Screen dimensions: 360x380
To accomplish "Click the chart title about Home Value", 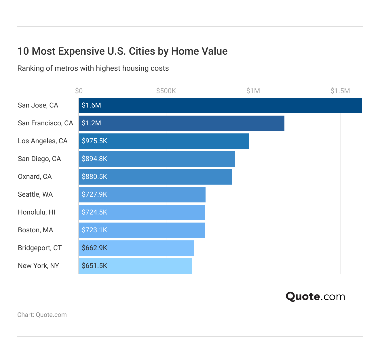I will point(122,51).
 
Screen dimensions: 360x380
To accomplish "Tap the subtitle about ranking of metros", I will point(93,68).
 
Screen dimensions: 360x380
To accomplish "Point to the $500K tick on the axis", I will point(166,91).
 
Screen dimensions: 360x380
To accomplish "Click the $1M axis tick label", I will point(253,91).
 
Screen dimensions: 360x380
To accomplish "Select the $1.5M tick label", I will point(340,91).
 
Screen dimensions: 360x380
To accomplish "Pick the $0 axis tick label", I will point(79,91).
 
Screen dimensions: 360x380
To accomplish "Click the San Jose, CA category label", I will point(38,105).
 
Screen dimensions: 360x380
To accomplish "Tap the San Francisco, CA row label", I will point(45,123).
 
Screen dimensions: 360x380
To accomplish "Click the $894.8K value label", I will point(94,159).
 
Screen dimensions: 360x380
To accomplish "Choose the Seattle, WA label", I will point(35,194).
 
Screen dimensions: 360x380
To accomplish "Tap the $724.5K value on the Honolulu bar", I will point(94,212).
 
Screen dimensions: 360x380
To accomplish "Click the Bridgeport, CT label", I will point(40,248).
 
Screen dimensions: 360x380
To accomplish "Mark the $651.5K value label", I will point(94,266).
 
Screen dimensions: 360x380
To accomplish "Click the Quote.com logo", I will point(315,296).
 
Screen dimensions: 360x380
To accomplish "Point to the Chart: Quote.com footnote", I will point(42,315).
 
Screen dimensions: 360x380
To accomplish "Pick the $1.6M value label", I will point(91,105).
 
